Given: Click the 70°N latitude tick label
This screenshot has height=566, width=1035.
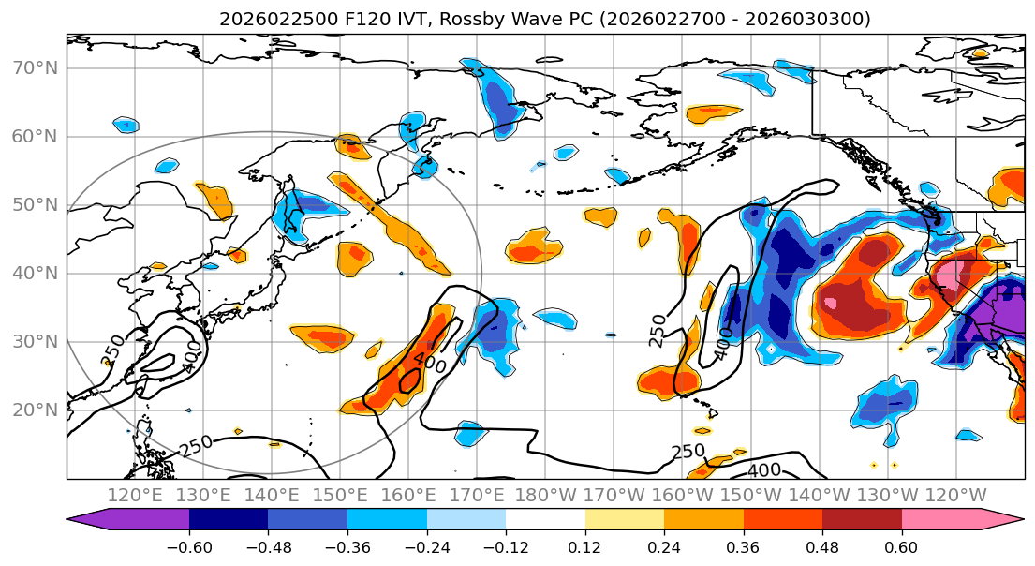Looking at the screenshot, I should point(35,68).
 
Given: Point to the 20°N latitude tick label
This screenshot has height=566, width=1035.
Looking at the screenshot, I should point(35,410).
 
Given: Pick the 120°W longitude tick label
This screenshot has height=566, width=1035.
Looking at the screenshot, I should point(955,495).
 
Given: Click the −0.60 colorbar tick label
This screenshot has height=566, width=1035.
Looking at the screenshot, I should point(188,546).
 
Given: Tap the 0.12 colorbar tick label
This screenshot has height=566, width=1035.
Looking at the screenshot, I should point(584,546).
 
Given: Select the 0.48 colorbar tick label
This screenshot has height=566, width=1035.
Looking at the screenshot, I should point(822,546).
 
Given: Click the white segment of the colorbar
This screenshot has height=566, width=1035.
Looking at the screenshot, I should point(545,522).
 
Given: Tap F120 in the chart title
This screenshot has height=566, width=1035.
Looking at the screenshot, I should point(332,19).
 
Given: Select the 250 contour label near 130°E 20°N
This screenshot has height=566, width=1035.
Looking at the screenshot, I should point(196,447).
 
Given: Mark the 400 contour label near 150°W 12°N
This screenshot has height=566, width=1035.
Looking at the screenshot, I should point(764,469).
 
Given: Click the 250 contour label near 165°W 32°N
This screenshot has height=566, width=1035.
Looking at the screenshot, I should point(658,330).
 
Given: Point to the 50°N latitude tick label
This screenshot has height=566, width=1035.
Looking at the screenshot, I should point(35,205).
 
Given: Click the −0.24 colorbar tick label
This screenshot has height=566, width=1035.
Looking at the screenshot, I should point(426,546).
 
